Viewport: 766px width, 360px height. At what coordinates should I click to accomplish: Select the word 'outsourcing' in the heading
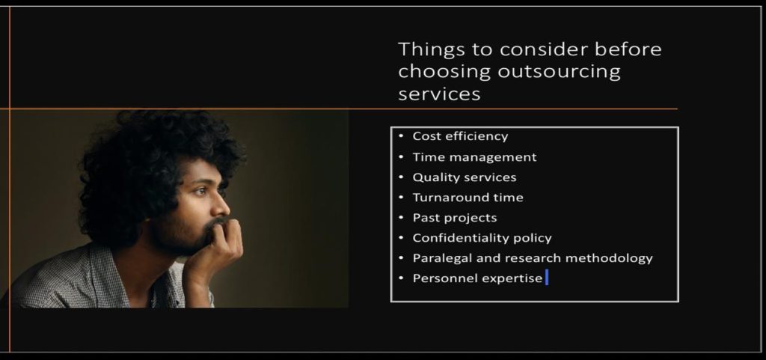pos(559,71)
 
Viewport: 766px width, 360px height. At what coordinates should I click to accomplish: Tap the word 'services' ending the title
pos(439,94)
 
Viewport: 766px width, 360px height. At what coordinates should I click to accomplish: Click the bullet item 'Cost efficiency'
pos(460,136)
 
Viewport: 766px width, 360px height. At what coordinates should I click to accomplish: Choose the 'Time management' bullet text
pos(474,157)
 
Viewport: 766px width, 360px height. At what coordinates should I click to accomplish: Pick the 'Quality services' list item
pos(464,177)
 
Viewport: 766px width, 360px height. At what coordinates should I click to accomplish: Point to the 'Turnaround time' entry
pos(468,198)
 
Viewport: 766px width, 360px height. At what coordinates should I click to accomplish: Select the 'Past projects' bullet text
pos(454,218)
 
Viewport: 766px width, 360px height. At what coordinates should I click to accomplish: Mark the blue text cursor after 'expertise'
pos(547,278)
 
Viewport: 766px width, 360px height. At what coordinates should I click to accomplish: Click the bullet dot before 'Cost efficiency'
pos(401,136)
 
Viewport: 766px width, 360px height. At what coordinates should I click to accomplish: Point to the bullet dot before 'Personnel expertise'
pos(401,278)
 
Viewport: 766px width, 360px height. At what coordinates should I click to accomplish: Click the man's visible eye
pos(200,191)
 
